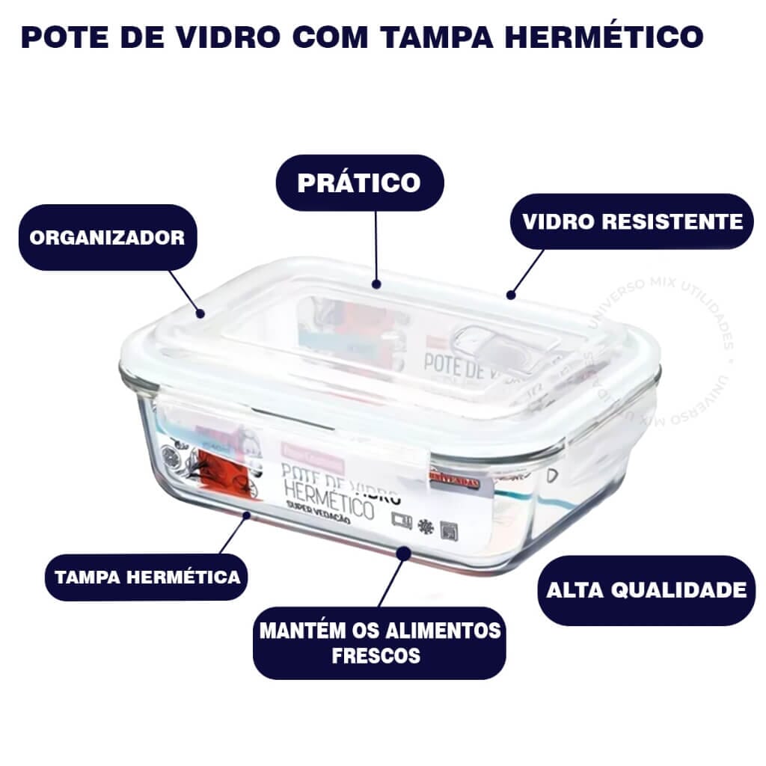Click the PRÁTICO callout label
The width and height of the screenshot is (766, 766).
pos(359,182)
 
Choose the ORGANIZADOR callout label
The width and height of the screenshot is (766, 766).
pos(107,237)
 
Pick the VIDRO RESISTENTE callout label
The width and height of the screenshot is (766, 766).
pos(632,221)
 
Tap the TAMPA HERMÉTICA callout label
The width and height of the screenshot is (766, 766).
pos(147,577)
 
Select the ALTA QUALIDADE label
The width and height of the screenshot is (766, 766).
pos(646,589)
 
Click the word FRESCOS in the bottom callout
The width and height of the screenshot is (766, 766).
pos(376,656)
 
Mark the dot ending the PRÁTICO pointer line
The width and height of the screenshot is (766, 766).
pos(376,284)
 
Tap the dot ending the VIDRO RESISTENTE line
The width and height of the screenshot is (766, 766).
pos(511,294)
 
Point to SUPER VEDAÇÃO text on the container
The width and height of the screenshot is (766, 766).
pos(317,521)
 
